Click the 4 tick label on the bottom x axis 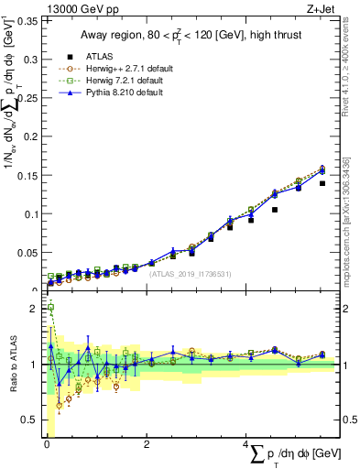click(x=245, y=445)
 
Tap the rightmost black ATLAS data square click(x=322, y=183)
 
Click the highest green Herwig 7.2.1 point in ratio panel click(x=50, y=308)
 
